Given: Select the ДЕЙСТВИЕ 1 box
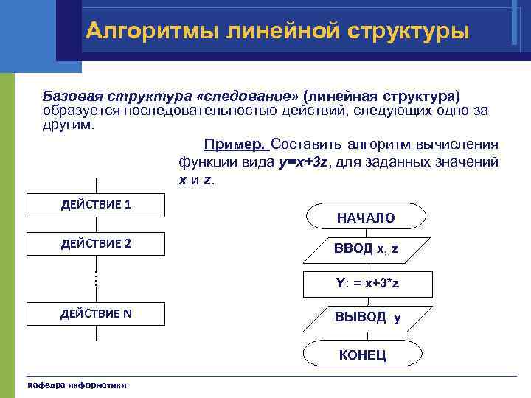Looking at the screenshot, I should click(x=96, y=205).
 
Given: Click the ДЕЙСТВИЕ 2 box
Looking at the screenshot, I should click(x=96, y=243).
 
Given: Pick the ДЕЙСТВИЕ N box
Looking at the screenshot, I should click(x=96, y=314).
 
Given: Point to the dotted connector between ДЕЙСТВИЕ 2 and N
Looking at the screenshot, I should click(x=96, y=279).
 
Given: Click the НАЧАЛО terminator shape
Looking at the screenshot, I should click(x=366, y=217).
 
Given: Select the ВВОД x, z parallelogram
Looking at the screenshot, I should click(x=366, y=249).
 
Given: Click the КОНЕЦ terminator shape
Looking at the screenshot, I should click(x=362, y=355).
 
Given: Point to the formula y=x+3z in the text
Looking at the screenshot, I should click(x=303, y=162).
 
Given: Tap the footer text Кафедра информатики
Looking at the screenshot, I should click(x=77, y=385).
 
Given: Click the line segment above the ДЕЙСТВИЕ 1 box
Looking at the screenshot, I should click(x=96, y=185).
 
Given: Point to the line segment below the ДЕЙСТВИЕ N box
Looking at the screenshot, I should click(x=96, y=333).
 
